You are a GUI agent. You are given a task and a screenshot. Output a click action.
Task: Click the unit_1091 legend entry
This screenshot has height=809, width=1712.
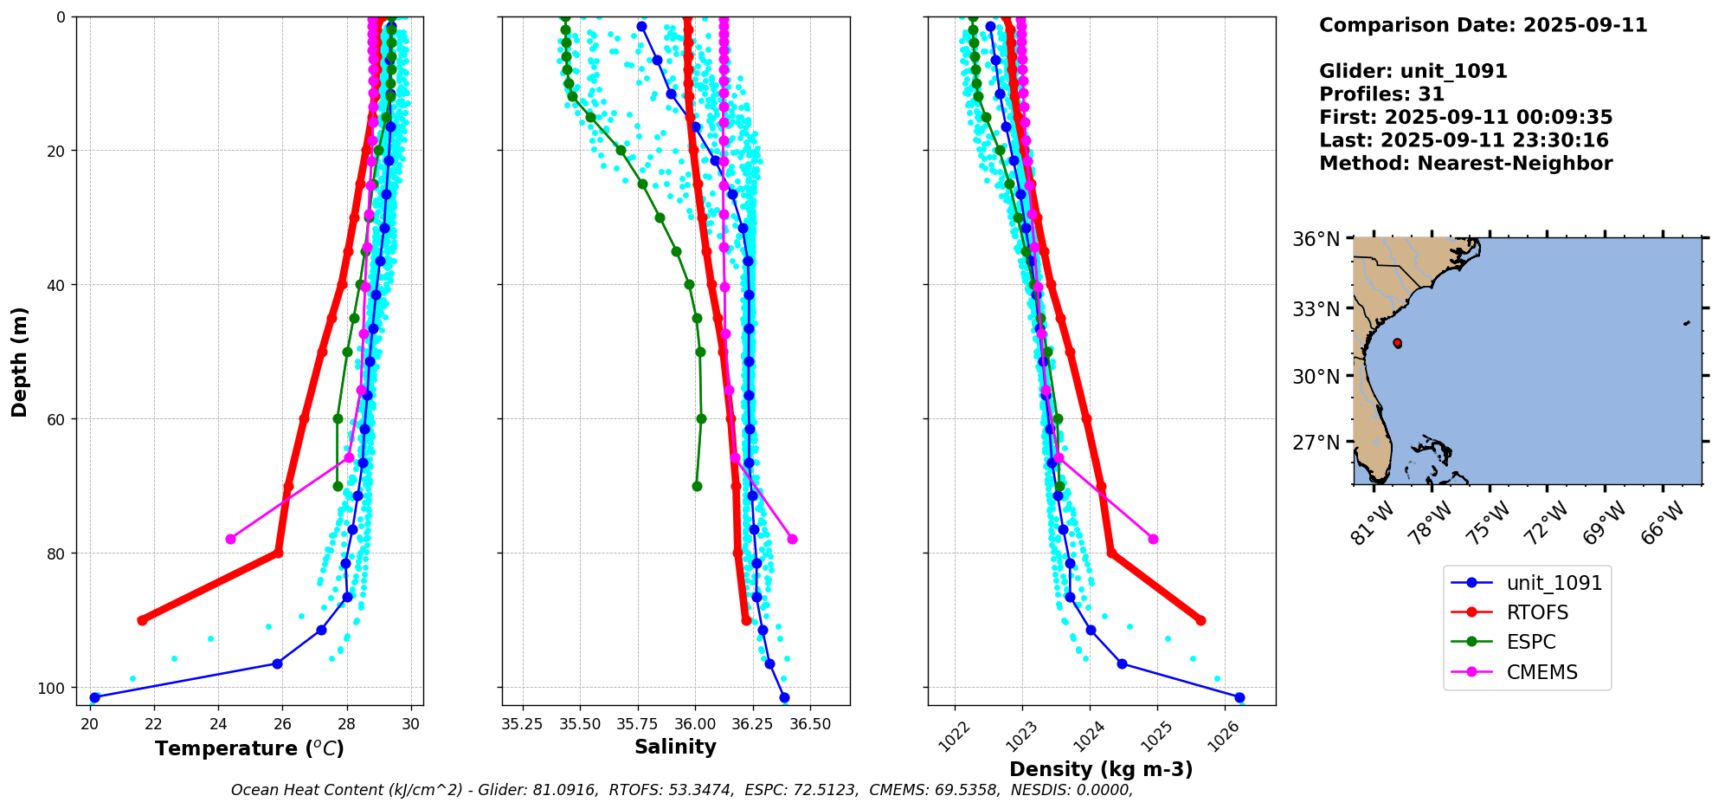(1554, 583)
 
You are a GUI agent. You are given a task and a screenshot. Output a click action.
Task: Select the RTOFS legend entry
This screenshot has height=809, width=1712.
(1537, 612)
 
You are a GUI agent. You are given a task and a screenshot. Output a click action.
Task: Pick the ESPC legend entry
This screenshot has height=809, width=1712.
(1530, 642)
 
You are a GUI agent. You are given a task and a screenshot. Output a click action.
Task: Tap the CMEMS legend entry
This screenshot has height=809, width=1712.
(1541, 672)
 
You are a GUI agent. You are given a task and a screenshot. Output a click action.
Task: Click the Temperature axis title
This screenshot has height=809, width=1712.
(249, 748)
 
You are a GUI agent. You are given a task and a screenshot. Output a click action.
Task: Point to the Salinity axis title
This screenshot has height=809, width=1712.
(675, 747)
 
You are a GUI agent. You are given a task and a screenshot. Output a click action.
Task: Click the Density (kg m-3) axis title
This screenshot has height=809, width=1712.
(1101, 769)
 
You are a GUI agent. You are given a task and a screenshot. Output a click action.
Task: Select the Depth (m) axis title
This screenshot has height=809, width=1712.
(19, 361)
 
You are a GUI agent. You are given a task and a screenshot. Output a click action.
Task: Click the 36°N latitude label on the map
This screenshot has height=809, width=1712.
(1316, 239)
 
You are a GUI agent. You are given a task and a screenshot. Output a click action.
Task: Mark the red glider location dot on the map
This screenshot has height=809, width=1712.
(1397, 343)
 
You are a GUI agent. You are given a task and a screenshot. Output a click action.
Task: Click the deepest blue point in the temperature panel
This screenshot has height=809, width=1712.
(95, 697)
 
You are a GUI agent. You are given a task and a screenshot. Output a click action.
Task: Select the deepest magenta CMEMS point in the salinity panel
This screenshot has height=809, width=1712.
(792, 539)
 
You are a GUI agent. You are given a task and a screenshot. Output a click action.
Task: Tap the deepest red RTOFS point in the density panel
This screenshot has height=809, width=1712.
(1200, 620)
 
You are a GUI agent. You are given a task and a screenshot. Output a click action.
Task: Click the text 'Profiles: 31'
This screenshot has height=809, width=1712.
(1381, 94)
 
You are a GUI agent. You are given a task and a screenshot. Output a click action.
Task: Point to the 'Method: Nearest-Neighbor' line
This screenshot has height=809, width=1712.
(1465, 164)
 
